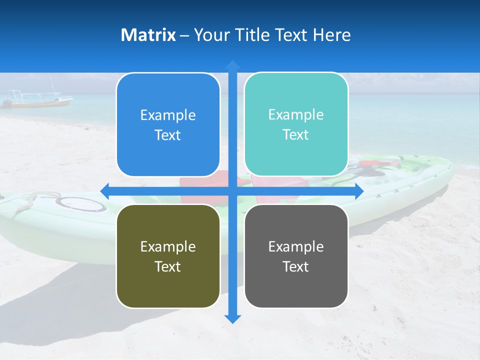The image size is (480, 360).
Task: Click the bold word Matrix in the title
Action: tap(148, 35)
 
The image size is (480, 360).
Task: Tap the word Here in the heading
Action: tap(332, 35)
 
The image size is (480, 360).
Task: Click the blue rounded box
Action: tap(168, 125)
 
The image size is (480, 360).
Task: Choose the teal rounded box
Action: tap(296, 124)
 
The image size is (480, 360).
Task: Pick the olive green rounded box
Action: tap(168, 256)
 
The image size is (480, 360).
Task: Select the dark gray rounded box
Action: tap(296, 256)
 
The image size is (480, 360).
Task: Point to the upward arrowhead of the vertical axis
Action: tap(232, 65)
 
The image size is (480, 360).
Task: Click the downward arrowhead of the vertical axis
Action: tap(232, 318)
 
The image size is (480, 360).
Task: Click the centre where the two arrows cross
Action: tap(232, 191)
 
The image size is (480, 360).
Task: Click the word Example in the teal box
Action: tap(296, 114)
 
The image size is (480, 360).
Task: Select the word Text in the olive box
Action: tap(168, 266)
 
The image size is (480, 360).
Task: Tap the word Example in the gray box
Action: tap(296, 246)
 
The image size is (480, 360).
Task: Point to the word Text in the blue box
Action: tap(168, 135)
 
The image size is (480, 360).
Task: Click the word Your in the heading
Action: tap(210, 35)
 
